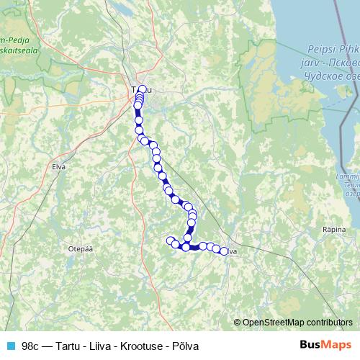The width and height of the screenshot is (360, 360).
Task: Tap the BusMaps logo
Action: pos(324,345)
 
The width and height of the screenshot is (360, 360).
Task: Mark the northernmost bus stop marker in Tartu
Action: pos(143,89)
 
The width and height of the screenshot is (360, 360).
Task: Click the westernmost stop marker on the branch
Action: pos(171,240)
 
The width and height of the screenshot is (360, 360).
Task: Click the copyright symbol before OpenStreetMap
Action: pos(238,322)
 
